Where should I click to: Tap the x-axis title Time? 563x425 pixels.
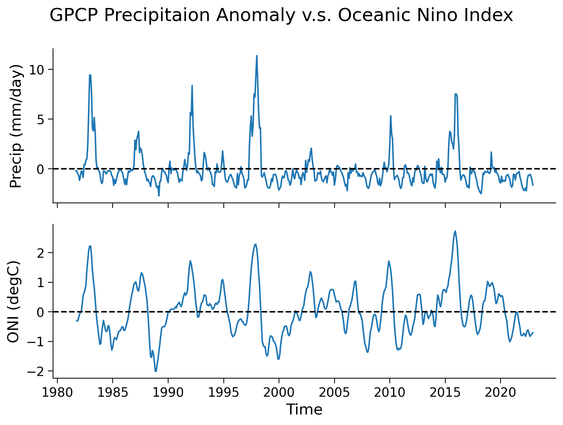click(x=304, y=409)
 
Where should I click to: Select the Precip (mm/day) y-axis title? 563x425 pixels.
click(x=16, y=126)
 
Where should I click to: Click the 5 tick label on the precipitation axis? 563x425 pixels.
click(x=40, y=119)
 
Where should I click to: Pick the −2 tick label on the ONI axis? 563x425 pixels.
click(x=35, y=371)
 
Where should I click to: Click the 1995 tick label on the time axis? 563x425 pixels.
click(x=223, y=393)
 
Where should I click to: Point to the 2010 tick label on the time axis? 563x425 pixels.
click(x=390, y=393)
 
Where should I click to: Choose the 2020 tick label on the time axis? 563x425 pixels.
click(x=501, y=393)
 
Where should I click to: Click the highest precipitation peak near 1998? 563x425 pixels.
click(x=257, y=56)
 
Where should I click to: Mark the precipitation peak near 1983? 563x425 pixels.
click(x=90, y=75)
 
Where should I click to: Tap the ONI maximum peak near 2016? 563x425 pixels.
click(x=455, y=231)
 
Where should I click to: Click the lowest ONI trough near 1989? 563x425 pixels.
click(x=155, y=371)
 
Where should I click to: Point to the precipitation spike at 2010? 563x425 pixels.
click(x=390, y=116)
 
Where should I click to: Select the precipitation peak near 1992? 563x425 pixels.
click(x=192, y=86)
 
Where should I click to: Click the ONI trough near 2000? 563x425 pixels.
click(x=278, y=359)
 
